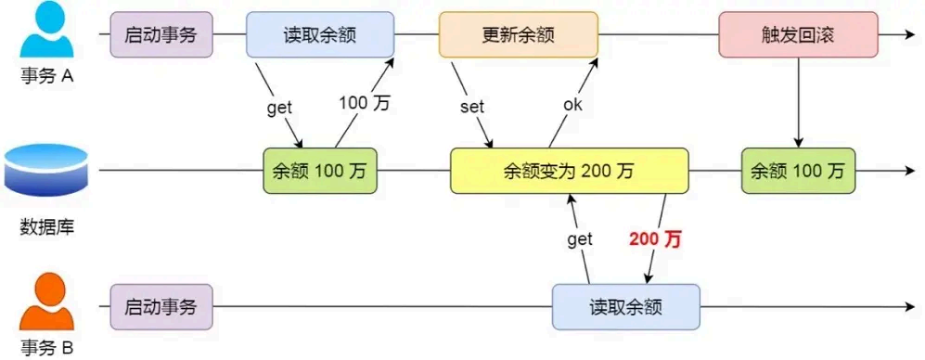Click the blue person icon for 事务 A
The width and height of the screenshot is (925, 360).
[x=45, y=32]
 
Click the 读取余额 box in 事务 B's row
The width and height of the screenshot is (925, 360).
[x=626, y=307]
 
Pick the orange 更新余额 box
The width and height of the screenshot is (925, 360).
[x=519, y=35]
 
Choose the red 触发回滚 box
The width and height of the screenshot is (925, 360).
[x=798, y=35]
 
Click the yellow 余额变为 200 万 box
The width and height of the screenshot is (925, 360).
[x=570, y=171]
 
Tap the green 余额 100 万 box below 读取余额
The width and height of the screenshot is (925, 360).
[x=320, y=171]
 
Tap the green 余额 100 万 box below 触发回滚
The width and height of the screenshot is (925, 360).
[x=798, y=171]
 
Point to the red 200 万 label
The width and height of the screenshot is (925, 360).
[x=655, y=239]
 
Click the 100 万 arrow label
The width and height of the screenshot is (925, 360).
[x=365, y=103]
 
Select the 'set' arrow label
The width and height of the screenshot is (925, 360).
[x=472, y=106]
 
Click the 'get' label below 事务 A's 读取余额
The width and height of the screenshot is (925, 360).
[x=279, y=107]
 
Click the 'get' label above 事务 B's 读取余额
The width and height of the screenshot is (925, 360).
[x=579, y=239]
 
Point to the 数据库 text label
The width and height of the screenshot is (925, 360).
[x=45, y=226]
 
